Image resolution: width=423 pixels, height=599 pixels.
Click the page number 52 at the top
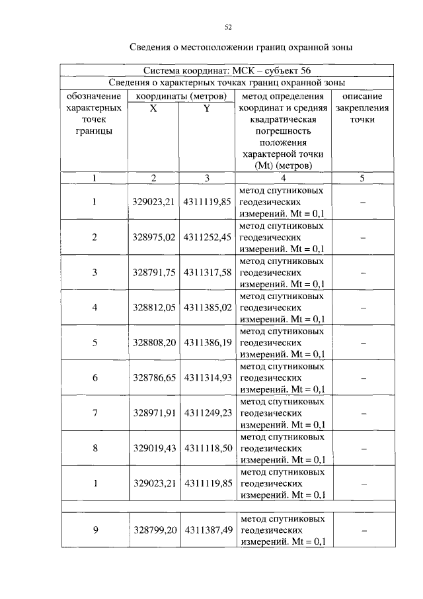[x=228, y=27]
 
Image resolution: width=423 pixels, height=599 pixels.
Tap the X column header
[x=153, y=108]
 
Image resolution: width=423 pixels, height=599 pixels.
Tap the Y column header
[x=206, y=108]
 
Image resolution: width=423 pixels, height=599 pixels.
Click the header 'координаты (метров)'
[x=180, y=96]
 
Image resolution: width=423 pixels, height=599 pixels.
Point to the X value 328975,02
[x=154, y=237]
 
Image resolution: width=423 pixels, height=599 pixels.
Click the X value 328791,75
[x=154, y=272]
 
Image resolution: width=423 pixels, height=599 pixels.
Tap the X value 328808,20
[x=154, y=343]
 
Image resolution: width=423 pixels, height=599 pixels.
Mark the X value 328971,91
[x=154, y=413]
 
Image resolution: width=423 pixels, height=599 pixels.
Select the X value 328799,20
[x=154, y=530]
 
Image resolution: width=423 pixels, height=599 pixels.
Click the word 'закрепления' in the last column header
[x=363, y=108]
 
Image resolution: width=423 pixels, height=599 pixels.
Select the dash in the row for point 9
[x=363, y=531]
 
